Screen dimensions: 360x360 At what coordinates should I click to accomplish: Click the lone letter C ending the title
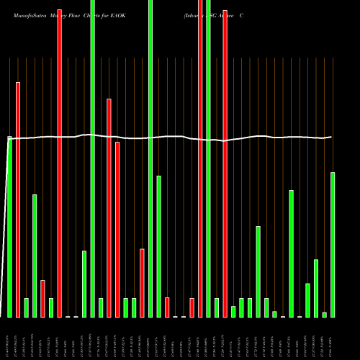[251, 14]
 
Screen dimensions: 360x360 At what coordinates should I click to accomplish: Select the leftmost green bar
[9, 227]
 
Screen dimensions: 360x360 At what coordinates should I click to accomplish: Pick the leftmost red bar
[18, 199]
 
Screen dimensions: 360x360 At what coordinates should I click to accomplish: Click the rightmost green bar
[333, 245]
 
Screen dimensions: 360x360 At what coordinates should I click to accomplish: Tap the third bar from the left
[27, 307]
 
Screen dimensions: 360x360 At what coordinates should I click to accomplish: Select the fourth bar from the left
[35, 256]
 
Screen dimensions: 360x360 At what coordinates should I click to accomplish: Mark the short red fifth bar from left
[43, 298]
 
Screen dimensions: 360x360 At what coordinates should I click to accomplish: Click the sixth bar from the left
[51, 307]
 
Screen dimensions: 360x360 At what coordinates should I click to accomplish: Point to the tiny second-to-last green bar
[324, 315]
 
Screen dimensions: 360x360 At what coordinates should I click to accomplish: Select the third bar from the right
[316, 288]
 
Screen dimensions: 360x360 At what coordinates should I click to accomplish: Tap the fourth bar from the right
[307, 300]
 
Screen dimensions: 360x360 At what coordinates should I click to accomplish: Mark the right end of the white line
[331, 137]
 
